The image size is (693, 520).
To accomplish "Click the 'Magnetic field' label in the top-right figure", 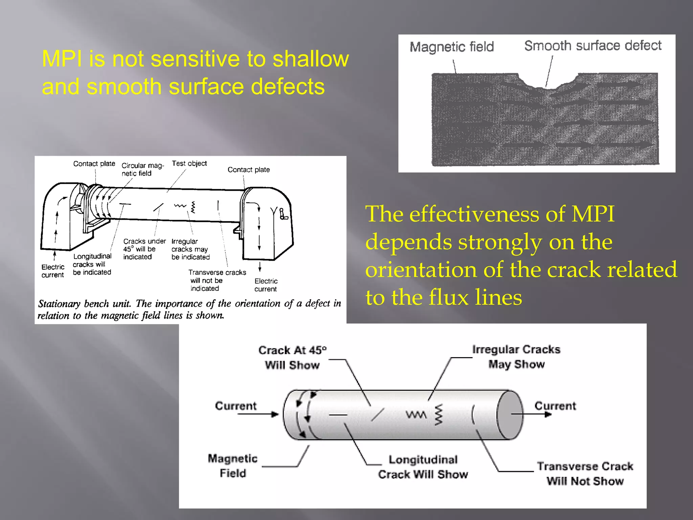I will click(452, 47).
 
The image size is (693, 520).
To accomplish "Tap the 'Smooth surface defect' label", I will click(593, 46).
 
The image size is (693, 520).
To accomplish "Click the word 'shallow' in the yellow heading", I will click(310, 59).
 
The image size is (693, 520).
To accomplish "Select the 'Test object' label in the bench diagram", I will click(189, 164).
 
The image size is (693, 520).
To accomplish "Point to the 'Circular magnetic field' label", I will click(142, 169).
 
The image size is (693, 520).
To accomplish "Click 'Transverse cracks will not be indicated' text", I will click(217, 280).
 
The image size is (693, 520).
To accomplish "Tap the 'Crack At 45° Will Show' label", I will click(292, 357).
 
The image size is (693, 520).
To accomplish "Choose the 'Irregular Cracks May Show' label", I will click(516, 357).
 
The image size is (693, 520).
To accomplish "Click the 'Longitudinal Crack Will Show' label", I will click(423, 467).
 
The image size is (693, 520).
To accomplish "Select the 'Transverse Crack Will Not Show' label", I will click(585, 474).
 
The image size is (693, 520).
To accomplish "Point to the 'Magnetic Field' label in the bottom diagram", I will click(233, 465).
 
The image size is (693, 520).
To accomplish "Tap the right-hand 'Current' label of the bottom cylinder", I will click(555, 406).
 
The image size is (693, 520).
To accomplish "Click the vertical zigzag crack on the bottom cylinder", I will click(439, 415).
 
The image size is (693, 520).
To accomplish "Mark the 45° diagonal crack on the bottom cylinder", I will click(378, 415).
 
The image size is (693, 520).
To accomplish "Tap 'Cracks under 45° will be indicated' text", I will click(144, 249).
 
